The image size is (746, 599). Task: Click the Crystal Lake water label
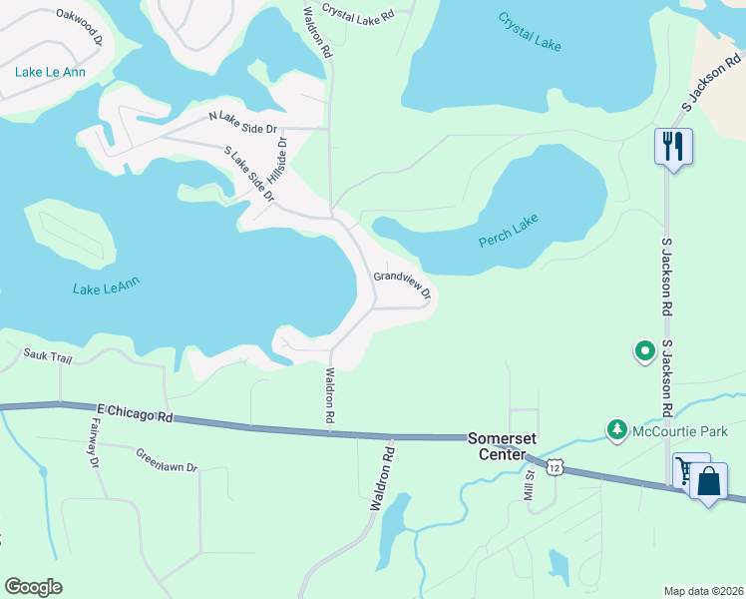[531, 31]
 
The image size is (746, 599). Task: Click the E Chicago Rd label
[135, 413]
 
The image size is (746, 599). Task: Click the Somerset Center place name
[498, 446]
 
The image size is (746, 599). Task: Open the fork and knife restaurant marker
[673, 147]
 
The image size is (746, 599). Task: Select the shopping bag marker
[708, 482]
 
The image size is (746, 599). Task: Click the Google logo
[33, 586]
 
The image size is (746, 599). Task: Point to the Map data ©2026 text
[702, 590]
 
